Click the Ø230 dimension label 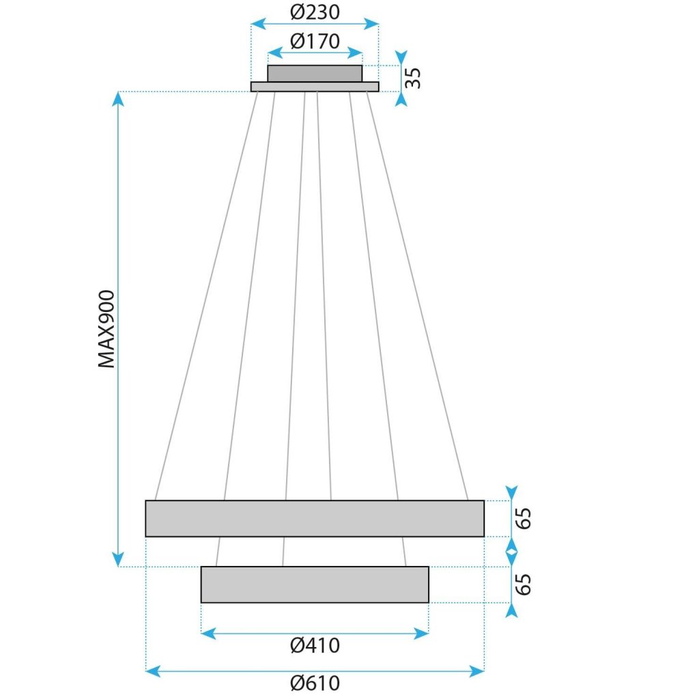[315, 12]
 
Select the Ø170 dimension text [315, 42]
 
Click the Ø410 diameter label [315, 645]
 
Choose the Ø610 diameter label [315, 683]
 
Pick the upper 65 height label [524, 518]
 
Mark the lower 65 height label [524, 584]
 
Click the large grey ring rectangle [315, 518]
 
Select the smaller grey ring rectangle [315, 584]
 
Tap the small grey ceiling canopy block [315, 73]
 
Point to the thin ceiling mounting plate [315, 87]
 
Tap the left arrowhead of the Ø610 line [152, 672]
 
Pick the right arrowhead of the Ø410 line [423, 633]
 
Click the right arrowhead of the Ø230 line [373, 24]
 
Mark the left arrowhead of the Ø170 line [273, 53]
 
